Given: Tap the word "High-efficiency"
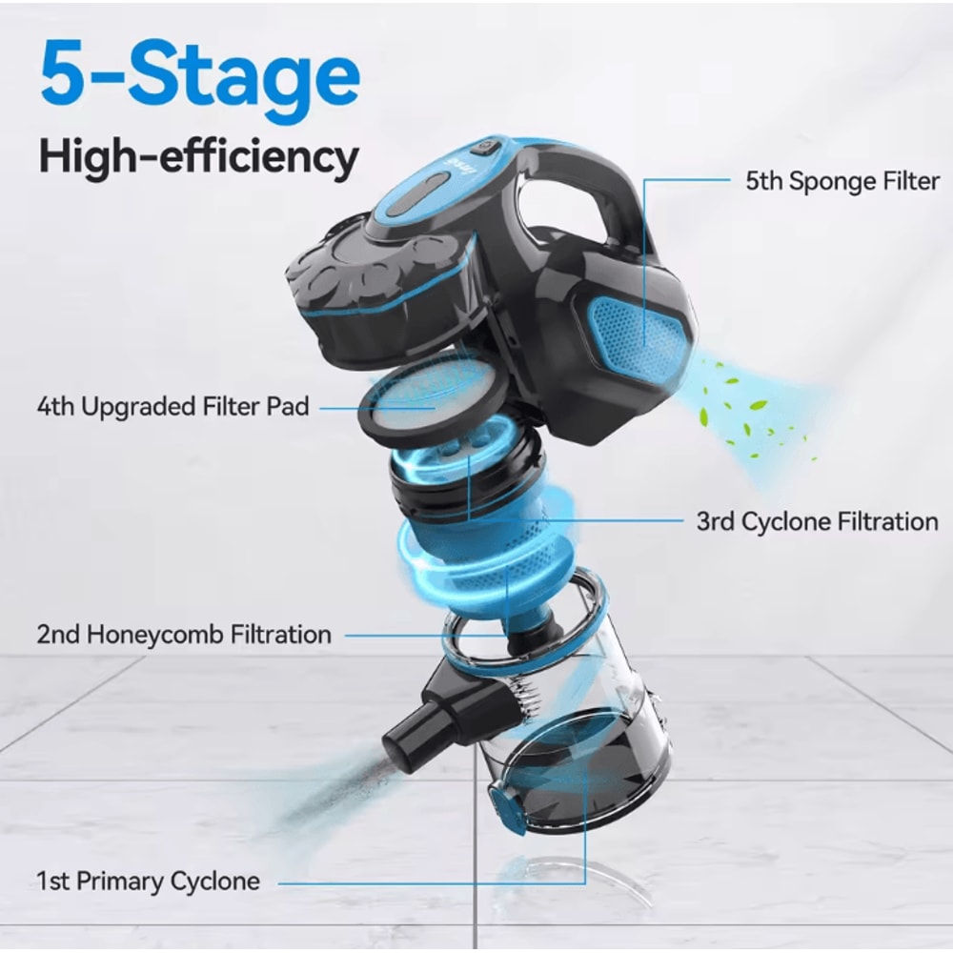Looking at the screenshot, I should tap(198, 156).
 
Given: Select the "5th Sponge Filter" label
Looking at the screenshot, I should tap(842, 181).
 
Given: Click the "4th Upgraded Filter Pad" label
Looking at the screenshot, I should tap(173, 407).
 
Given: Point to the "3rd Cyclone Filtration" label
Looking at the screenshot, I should tap(817, 521).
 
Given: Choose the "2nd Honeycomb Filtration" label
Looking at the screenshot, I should tap(184, 634).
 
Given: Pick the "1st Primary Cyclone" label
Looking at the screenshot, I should tap(148, 881).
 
